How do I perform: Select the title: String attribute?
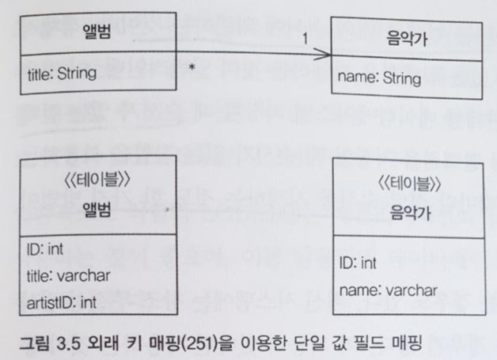[x=61, y=74]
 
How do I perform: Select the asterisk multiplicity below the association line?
[x=192, y=69]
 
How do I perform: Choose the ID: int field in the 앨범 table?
[x=46, y=250]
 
